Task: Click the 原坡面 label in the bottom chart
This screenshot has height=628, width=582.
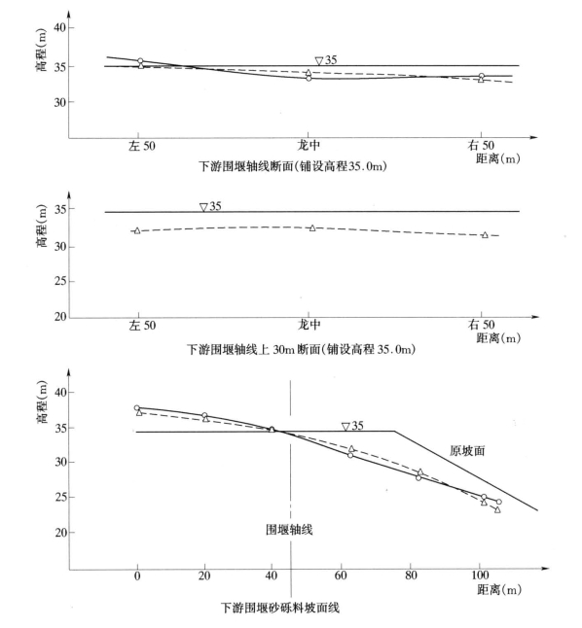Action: tap(467, 451)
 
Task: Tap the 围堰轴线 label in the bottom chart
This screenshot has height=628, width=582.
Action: tap(289, 530)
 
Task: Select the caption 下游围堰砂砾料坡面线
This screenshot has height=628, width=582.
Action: tap(280, 608)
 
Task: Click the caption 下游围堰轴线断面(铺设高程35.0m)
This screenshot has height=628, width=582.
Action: tap(293, 166)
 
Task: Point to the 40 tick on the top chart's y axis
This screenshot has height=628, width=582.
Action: tap(59, 27)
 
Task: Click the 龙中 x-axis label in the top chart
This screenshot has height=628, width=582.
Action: tap(309, 145)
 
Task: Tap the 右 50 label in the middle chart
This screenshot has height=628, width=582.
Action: tap(482, 325)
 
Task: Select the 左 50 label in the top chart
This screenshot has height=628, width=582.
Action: tap(141, 146)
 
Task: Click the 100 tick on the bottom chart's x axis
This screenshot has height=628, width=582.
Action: tap(480, 576)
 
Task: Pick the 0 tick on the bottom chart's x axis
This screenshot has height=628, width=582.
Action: tap(137, 576)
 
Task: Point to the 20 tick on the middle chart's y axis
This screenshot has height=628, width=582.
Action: tap(60, 317)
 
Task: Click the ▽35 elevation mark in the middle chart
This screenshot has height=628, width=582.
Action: tap(210, 207)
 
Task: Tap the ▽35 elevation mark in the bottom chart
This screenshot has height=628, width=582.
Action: tap(352, 426)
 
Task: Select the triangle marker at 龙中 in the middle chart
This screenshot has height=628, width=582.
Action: tap(312, 227)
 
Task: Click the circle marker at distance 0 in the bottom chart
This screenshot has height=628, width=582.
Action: tap(137, 408)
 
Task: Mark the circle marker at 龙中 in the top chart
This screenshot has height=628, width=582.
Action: tap(309, 79)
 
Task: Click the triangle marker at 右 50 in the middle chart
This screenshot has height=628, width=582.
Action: tap(485, 235)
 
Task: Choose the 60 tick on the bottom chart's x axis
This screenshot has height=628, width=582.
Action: tap(341, 576)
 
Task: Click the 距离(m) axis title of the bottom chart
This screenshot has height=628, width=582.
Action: tap(499, 589)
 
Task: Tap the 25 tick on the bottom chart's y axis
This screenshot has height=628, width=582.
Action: tap(60, 497)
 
